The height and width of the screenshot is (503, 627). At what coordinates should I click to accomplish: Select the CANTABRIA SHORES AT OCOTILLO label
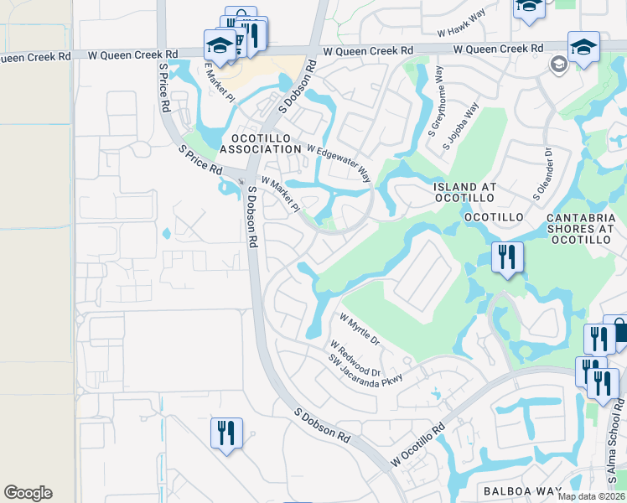pos(586,229)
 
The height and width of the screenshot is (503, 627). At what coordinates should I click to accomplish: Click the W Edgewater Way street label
pos(339,163)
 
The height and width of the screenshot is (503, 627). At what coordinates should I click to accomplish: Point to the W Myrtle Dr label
pos(360,329)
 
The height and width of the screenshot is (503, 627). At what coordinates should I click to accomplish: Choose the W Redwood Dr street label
pos(355,358)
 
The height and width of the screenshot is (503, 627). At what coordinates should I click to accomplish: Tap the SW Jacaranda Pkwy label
pos(365,369)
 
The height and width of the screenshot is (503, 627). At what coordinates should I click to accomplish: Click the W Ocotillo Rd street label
pos(417,445)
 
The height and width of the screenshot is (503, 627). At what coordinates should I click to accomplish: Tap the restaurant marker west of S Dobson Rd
pos(226,434)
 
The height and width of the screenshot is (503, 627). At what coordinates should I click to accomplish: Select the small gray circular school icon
pos(557,65)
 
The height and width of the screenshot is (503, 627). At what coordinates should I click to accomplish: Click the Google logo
pos(28,493)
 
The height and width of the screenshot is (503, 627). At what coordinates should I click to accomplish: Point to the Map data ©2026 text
pos(591,496)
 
